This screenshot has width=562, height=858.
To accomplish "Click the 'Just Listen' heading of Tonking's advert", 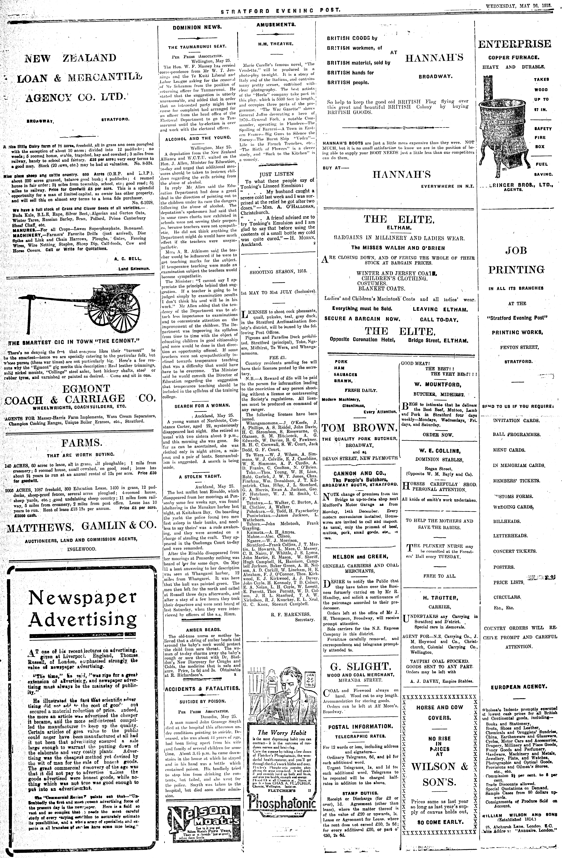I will [x=279, y=174].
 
